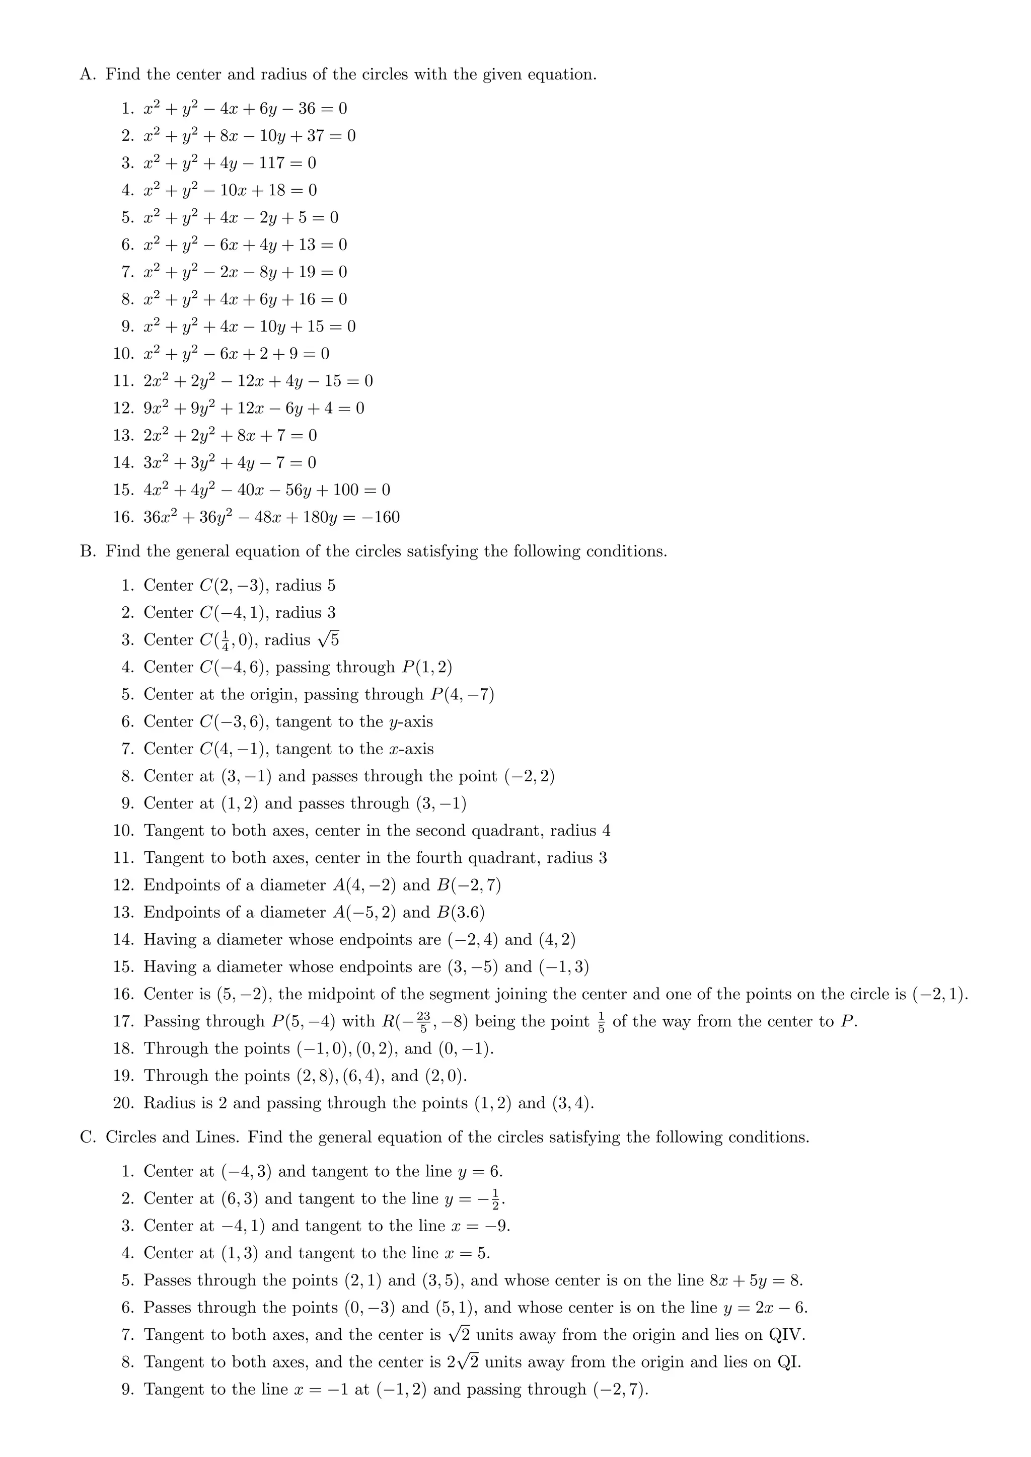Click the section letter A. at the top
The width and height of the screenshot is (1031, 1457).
(88, 75)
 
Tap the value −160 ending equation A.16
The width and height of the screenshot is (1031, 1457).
(380, 517)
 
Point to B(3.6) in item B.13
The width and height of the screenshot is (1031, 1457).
(460, 913)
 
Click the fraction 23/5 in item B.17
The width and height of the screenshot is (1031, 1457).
(423, 1022)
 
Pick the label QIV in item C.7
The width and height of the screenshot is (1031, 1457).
(785, 1335)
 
